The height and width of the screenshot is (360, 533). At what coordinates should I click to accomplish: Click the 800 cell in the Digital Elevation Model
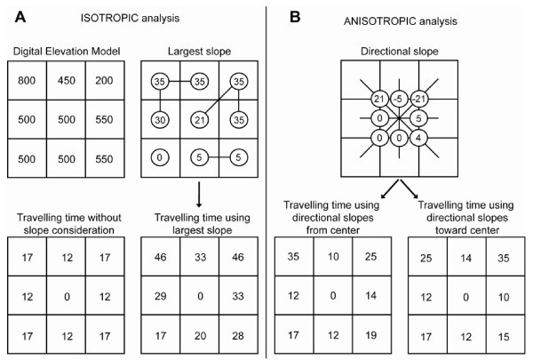click(x=27, y=81)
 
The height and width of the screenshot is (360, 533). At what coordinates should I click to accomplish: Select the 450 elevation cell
click(x=66, y=81)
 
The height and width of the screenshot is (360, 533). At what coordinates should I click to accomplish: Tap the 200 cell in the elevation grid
click(x=105, y=81)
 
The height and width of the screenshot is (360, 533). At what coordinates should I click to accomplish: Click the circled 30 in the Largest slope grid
click(x=160, y=120)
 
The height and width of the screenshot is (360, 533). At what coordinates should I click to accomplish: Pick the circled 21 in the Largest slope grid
click(x=200, y=120)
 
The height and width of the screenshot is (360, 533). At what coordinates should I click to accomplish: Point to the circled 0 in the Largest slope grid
click(x=159, y=157)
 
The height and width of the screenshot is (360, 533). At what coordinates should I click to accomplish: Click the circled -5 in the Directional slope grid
click(x=398, y=99)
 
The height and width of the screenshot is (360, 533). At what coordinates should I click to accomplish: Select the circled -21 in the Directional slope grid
click(x=418, y=99)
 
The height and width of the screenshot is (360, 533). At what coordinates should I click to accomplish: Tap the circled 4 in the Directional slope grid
click(x=418, y=138)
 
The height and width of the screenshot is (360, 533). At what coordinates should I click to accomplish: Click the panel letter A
click(x=20, y=17)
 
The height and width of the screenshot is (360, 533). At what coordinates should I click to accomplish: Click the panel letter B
click(x=295, y=17)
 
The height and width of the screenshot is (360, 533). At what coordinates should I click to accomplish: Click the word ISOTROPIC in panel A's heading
click(x=109, y=18)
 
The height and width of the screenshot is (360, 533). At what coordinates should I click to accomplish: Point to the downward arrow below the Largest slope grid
click(x=199, y=195)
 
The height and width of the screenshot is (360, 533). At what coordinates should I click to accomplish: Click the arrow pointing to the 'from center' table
click(x=390, y=188)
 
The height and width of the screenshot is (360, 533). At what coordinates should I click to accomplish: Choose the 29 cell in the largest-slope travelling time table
click(x=161, y=296)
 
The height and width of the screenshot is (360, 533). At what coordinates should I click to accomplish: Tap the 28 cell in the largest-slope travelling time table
click(x=238, y=335)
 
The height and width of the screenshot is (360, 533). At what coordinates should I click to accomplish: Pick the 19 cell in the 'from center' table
click(x=371, y=335)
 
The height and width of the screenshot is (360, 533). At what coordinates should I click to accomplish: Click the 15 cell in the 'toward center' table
click(x=504, y=336)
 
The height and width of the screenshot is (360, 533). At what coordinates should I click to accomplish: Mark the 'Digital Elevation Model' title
click(x=67, y=52)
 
